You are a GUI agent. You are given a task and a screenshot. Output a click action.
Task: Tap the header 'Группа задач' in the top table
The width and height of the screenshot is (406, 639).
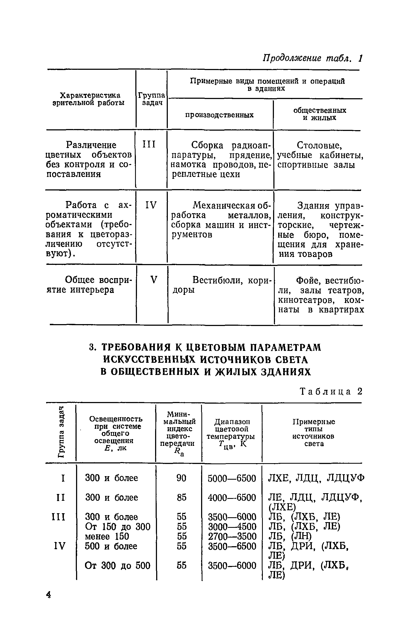[x=151, y=99]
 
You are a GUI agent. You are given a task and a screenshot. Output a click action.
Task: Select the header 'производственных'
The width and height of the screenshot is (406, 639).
[x=220, y=115]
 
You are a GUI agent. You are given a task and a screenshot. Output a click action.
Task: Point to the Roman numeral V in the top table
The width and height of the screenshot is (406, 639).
[x=153, y=280]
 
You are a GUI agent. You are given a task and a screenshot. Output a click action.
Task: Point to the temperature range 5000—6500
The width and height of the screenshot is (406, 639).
[x=232, y=478]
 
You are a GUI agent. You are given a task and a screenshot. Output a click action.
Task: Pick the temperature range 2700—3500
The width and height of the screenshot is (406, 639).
[x=232, y=536]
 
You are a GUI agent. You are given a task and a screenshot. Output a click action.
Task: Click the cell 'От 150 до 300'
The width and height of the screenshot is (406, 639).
[x=117, y=527]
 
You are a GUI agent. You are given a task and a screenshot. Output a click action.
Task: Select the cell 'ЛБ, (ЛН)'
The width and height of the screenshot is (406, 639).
[x=290, y=536]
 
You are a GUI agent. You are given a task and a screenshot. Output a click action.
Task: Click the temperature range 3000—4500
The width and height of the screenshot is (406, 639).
[x=232, y=527]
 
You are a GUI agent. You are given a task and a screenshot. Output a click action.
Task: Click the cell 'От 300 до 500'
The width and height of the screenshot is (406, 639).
[x=117, y=565]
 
